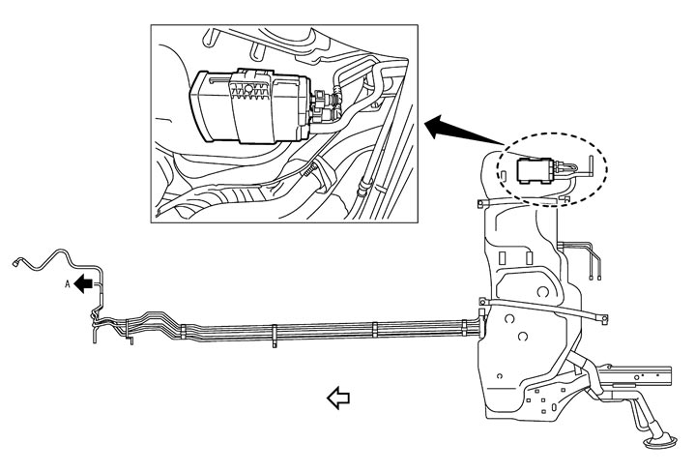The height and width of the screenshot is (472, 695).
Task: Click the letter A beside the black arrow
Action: (x=68, y=284)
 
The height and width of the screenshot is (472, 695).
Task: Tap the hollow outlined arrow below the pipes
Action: (x=337, y=396)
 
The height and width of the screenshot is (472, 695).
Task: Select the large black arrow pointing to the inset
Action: (x=454, y=127)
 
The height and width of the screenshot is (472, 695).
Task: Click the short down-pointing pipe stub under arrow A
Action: (x=95, y=332)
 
